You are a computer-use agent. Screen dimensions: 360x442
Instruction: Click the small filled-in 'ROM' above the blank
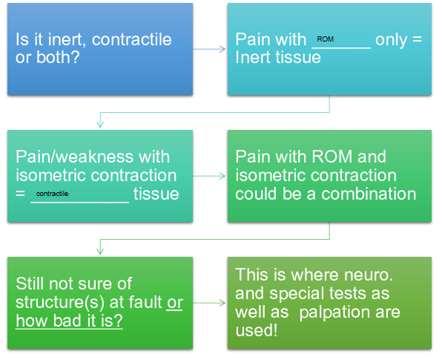pyautogui.click(x=325, y=38)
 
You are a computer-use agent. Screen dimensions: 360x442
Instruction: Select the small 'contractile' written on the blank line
pyautogui.click(x=52, y=193)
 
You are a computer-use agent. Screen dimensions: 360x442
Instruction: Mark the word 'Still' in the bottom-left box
pyautogui.click(x=32, y=284)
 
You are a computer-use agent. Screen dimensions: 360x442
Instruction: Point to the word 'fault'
pyautogui.click(x=144, y=303)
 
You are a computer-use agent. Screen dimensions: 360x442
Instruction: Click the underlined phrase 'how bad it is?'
pyautogui.click(x=67, y=321)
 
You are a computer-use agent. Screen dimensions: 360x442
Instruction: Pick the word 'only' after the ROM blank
pyautogui.click(x=391, y=39)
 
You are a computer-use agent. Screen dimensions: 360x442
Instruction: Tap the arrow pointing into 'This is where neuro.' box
pyautogui.click(x=212, y=304)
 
